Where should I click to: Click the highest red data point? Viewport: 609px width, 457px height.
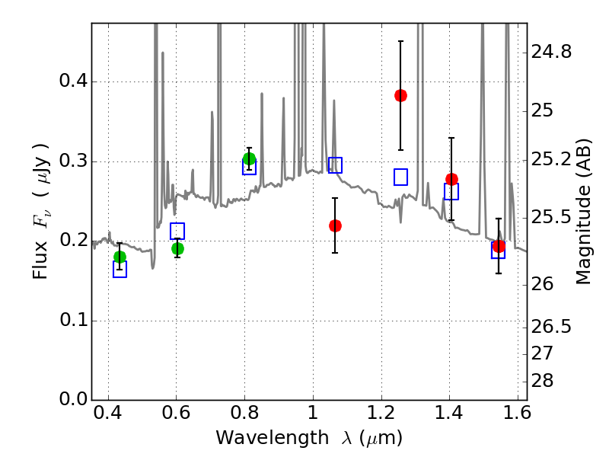point(400,96)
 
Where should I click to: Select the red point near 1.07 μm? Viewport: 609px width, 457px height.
point(335,225)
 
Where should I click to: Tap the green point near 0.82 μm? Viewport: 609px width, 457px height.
point(249,158)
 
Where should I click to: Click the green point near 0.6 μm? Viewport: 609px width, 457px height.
point(177,249)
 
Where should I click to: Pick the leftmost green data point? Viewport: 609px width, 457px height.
point(120,257)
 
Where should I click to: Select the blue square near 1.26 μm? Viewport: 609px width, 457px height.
point(400,177)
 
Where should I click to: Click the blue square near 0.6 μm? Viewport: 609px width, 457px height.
point(177,232)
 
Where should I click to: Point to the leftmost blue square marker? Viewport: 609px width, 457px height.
point(120,269)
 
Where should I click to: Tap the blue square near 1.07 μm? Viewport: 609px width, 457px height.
point(335,165)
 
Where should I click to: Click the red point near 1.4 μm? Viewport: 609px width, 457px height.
point(451,180)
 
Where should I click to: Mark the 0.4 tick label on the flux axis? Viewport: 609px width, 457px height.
point(72,81)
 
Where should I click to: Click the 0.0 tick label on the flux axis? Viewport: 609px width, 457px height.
point(72,399)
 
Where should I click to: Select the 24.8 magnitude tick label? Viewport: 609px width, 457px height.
point(551,52)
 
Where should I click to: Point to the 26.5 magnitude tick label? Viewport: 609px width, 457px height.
point(551,327)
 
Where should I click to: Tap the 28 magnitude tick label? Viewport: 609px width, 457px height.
point(542,381)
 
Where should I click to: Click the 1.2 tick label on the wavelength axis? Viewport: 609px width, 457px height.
point(381,413)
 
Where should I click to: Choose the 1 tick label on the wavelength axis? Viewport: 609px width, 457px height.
point(313,413)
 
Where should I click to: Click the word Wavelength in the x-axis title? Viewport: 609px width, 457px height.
point(273,437)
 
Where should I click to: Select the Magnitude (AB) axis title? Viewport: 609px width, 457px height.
point(582,212)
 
